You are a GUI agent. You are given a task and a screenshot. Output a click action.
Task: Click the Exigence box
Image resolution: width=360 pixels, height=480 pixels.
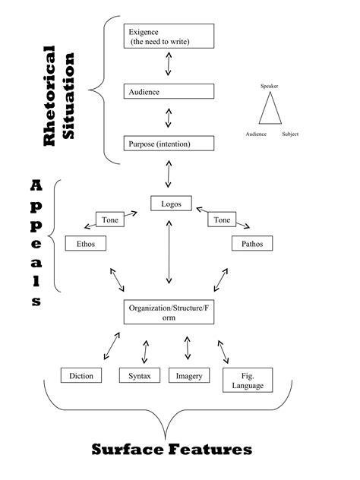(169, 36)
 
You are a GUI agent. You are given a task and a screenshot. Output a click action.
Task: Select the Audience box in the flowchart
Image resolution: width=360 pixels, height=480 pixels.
(169, 91)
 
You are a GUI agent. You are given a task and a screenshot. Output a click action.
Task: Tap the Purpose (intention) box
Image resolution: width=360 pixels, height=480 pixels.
(169, 144)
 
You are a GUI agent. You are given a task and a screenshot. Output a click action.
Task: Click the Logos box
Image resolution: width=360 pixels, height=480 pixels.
(168, 204)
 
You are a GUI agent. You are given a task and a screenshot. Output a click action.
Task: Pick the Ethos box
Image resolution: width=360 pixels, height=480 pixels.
(85, 244)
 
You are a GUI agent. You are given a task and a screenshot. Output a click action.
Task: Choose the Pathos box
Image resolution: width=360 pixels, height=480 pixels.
(251, 244)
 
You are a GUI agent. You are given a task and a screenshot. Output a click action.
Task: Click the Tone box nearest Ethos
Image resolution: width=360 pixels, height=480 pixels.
(109, 220)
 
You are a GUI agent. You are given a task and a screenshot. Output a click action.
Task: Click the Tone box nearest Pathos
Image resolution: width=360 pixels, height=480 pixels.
(223, 220)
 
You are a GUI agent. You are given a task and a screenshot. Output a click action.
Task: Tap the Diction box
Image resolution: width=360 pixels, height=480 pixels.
(81, 376)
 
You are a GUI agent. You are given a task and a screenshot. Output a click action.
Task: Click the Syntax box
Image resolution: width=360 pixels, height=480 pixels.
(140, 376)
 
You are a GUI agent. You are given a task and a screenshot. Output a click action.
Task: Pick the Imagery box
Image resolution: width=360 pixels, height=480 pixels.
(188, 376)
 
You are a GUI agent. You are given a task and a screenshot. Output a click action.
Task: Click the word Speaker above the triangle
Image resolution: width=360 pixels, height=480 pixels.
(270, 86)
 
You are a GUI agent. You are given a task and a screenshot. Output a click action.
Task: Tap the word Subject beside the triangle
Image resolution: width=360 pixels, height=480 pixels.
(290, 134)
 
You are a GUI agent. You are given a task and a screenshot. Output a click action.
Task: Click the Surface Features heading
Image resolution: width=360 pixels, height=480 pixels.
(172, 450)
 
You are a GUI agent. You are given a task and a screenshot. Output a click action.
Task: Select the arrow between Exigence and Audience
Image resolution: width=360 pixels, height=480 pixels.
(169, 65)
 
